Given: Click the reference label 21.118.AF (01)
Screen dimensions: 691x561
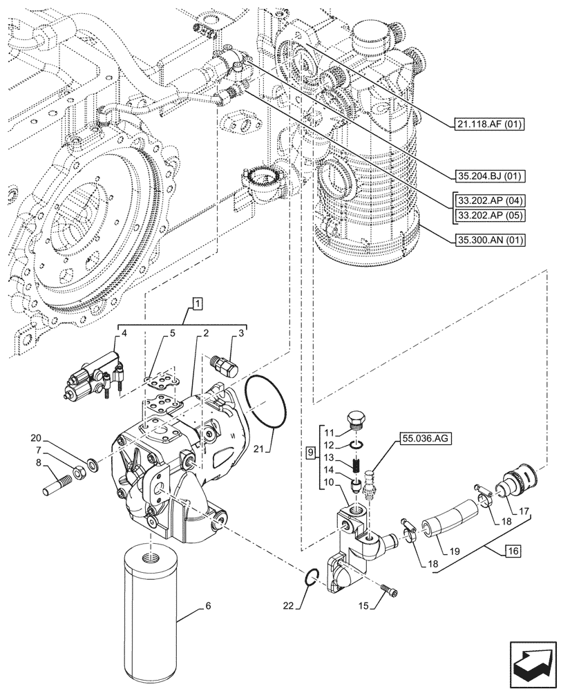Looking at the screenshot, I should [x=491, y=124].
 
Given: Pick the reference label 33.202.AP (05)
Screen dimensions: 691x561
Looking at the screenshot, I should [x=491, y=215].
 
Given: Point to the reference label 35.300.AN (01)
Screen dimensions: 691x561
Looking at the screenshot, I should [x=491, y=240].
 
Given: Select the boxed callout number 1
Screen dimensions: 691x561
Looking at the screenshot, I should [x=198, y=303].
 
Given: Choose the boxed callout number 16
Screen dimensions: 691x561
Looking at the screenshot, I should [x=512, y=551].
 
